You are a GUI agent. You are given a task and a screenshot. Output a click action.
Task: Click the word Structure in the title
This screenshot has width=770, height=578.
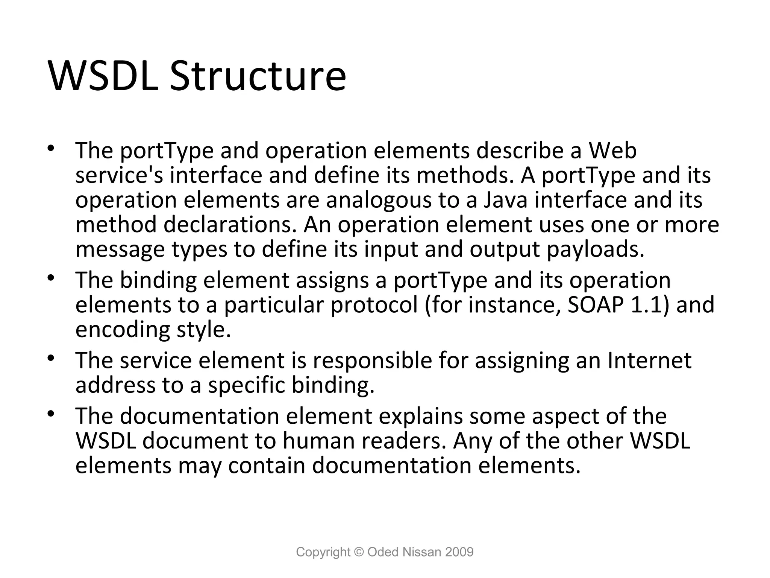258,76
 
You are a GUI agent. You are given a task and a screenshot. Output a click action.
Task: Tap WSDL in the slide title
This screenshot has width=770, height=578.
103,76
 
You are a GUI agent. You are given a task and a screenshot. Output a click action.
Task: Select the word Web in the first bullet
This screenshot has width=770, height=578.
612,151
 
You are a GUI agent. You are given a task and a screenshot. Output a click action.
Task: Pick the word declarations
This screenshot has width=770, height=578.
232,225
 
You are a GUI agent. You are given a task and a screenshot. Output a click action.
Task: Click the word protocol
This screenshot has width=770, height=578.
374,305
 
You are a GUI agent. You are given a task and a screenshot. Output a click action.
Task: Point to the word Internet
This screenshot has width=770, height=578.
650,360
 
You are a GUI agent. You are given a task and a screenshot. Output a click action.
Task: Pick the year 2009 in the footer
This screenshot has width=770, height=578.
459,552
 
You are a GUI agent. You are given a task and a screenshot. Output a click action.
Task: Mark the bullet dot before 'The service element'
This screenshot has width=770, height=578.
52,357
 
